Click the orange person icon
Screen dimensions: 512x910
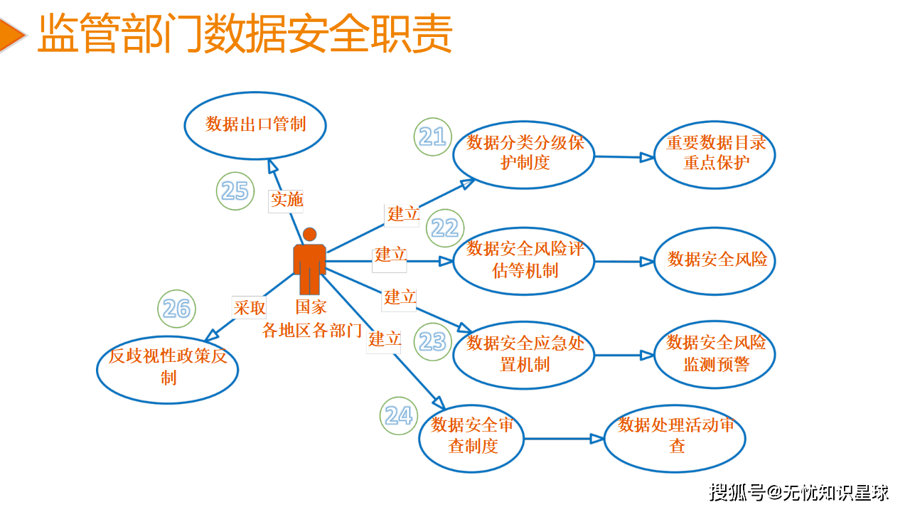click(309, 262)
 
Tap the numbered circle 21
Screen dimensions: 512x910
click(433, 137)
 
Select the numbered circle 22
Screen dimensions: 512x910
click(445, 228)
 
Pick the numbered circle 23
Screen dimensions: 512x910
click(432, 342)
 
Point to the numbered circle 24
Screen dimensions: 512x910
click(399, 416)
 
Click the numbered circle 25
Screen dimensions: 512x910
click(235, 191)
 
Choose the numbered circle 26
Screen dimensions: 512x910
click(176, 309)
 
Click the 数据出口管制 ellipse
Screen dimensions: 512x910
click(255, 125)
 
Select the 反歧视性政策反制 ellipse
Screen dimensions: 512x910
click(168, 368)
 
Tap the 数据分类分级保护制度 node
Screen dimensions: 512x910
click(524, 154)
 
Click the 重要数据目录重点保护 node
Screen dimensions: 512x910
click(714, 154)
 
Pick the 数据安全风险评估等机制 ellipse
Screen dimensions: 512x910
click(524, 260)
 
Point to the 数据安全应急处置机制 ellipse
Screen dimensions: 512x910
click(524, 354)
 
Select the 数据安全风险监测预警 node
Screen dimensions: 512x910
click(714, 354)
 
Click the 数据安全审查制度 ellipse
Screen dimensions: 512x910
click(472, 437)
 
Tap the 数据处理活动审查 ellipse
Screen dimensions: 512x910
click(675, 437)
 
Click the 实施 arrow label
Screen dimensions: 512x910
click(287, 201)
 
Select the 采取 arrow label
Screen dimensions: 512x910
click(250, 307)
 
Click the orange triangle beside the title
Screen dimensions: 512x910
click(11, 34)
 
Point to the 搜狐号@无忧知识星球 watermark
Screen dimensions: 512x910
click(799, 491)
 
